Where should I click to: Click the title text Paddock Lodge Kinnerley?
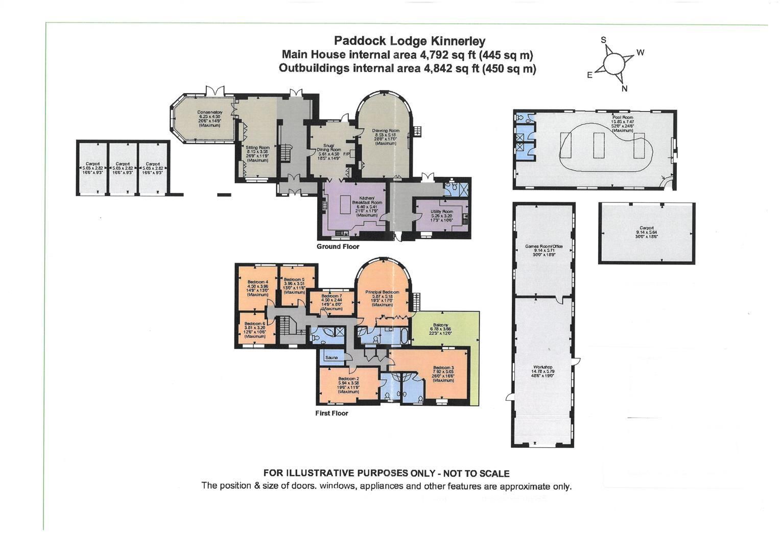pos(409,41)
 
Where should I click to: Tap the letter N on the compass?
pos(624,88)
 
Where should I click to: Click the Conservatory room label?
pos(210,112)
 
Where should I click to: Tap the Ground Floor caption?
pos(338,246)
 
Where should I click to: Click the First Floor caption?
pos(332,413)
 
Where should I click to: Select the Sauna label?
pos(331,358)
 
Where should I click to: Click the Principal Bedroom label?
pos(382,292)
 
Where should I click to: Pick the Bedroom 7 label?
pos(332,296)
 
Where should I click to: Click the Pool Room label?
pos(622,117)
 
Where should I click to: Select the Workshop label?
pos(543,367)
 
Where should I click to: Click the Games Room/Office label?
pos(543,246)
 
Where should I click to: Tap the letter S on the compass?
pos(603,40)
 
